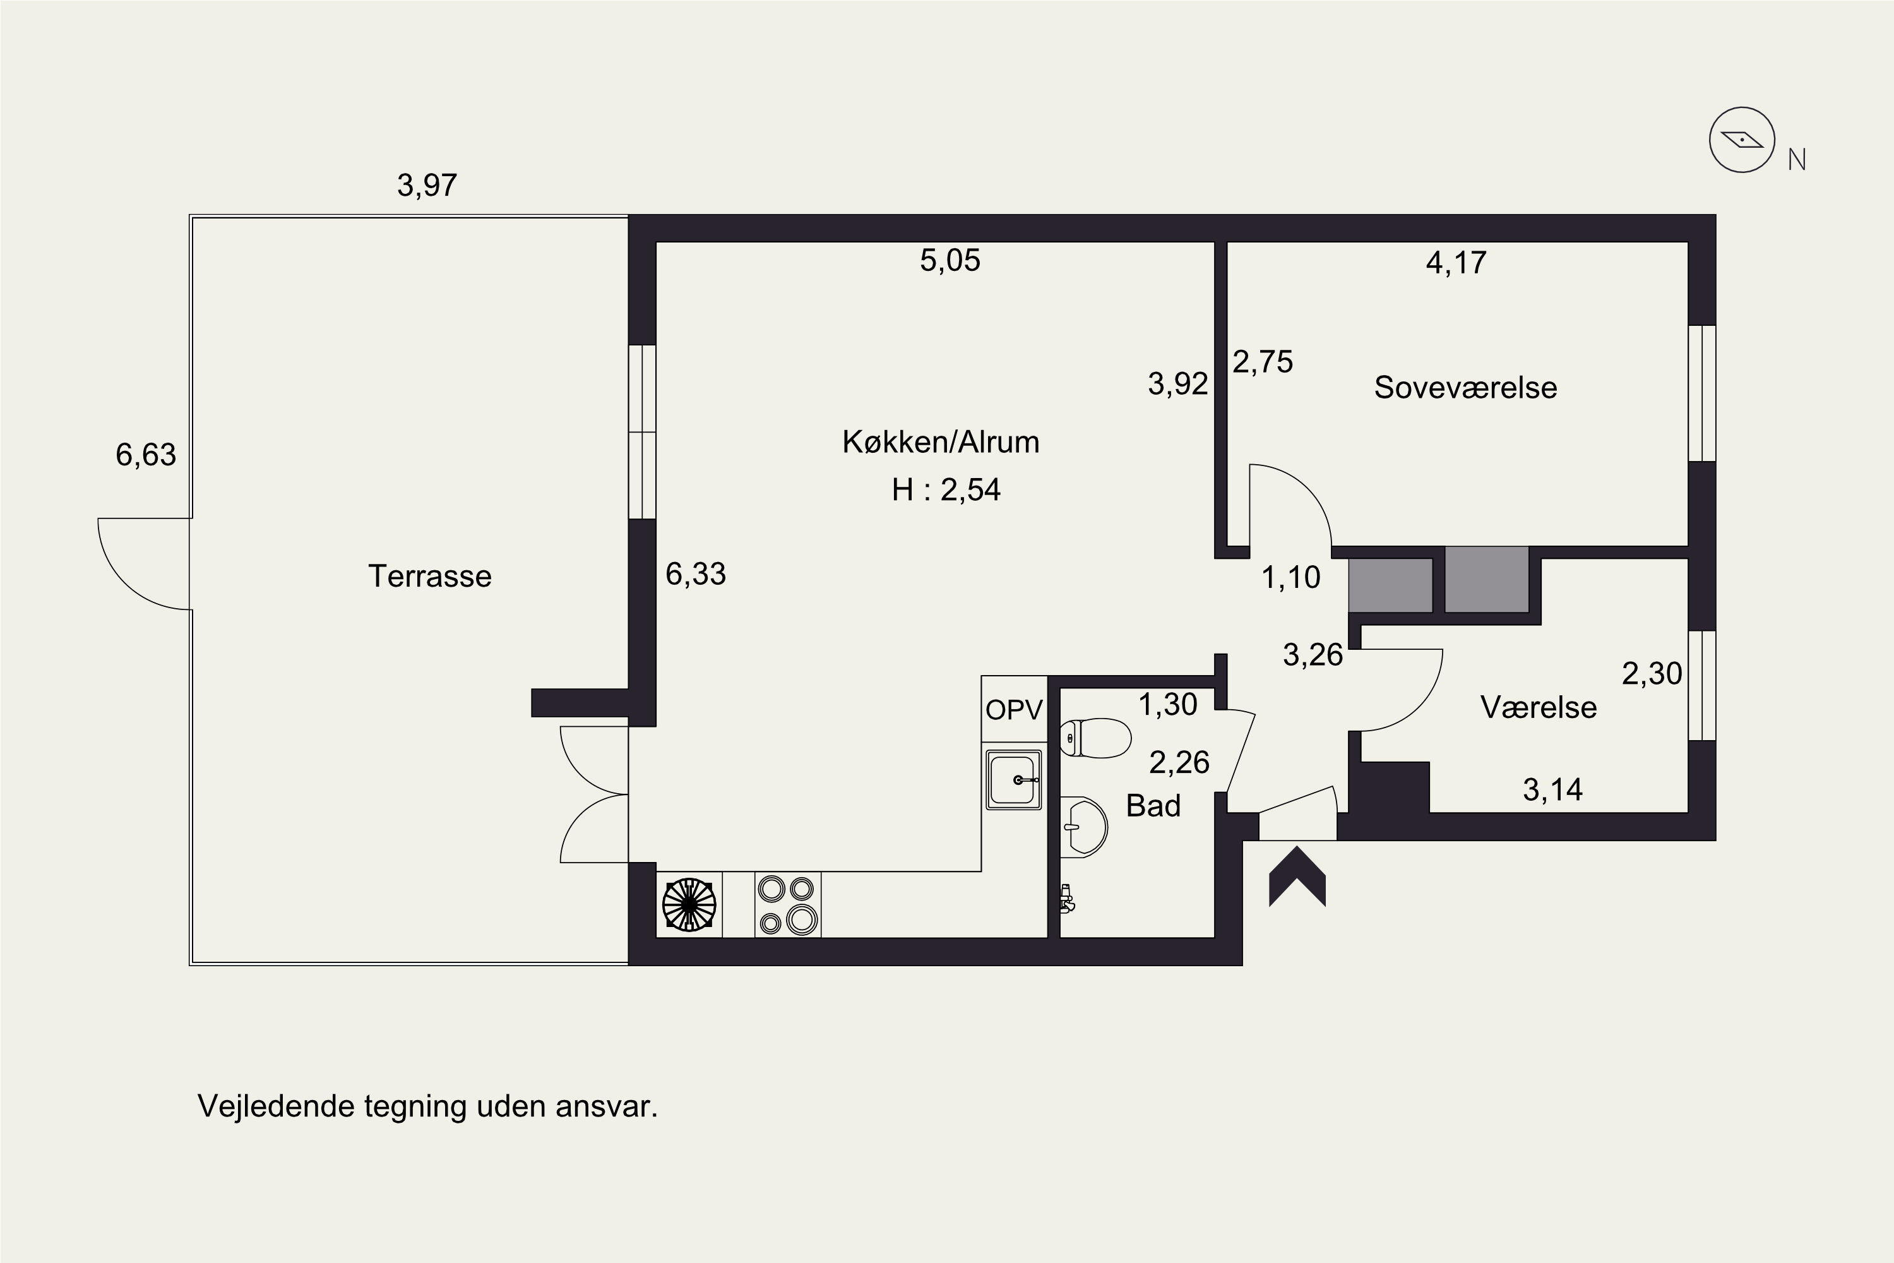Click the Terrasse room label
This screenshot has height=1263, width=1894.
tap(429, 576)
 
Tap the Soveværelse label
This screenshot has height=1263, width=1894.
tap(1465, 388)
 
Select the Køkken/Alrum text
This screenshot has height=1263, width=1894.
tap(941, 441)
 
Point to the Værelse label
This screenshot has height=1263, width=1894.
tap(1538, 707)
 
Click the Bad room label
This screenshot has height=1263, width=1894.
tap(1153, 806)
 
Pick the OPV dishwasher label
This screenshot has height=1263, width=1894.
tap(1014, 710)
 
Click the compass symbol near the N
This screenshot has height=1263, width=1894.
tap(1742, 140)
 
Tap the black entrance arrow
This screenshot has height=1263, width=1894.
tap(1297, 877)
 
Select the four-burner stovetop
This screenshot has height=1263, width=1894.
tap(787, 904)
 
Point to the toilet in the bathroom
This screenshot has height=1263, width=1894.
tap(1095, 738)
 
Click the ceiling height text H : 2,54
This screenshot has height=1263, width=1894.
tap(946, 490)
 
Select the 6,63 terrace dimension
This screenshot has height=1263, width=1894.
tap(146, 455)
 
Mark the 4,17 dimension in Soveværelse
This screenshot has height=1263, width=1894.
tap(1456, 263)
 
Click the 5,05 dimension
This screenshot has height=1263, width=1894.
tap(950, 260)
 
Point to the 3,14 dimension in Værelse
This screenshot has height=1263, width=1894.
tap(1552, 790)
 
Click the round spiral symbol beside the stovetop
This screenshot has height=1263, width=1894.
tap(689, 904)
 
